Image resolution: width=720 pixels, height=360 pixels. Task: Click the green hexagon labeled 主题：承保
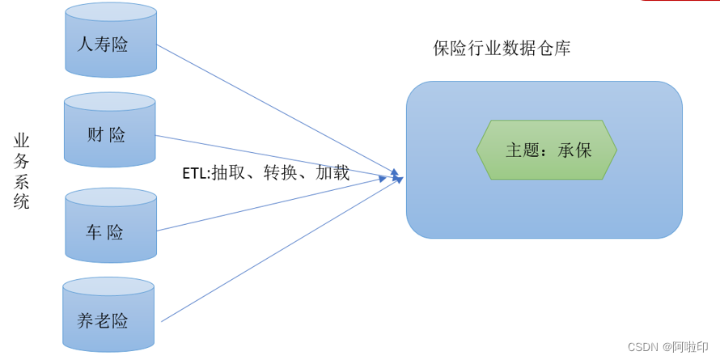(546, 150)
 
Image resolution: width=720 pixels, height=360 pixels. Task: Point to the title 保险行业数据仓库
(502, 49)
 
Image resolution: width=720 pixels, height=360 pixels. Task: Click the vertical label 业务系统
(22, 172)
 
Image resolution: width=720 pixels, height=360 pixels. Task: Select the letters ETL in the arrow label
(195, 172)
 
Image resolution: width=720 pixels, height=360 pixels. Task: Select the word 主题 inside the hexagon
(523, 150)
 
